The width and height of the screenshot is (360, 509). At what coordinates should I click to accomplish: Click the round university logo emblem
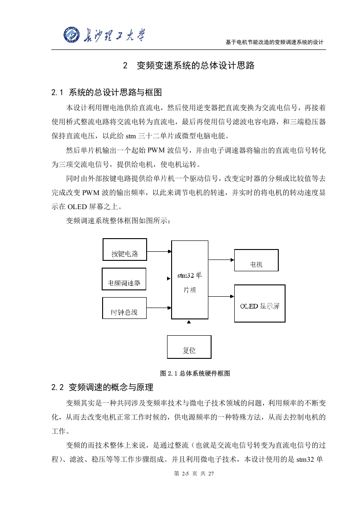pyautogui.click(x=72, y=34)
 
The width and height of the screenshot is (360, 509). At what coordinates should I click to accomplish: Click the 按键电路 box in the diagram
pyautogui.click(x=125, y=250)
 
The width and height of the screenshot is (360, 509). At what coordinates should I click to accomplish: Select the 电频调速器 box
pyautogui.click(x=124, y=279)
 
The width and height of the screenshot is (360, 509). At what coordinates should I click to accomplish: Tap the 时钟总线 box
pyautogui.click(x=124, y=308)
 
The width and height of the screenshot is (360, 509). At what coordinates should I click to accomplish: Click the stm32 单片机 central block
pyautogui.click(x=190, y=280)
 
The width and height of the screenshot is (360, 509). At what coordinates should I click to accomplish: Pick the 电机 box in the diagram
pyautogui.click(x=256, y=260)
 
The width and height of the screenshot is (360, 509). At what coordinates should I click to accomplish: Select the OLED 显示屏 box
pyautogui.click(x=260, y=303)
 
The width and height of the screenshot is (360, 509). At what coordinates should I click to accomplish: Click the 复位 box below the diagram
pyautogui.click(x=189, y=347)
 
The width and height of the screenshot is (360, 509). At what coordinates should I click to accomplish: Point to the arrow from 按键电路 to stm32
pyautogui.click(x=159, y=251)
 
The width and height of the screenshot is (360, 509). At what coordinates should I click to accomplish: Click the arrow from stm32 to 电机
pyautogui.click(x=221, y=259)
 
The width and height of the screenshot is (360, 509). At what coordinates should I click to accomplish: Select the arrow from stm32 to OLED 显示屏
pyautogui.click(x=221, y=296)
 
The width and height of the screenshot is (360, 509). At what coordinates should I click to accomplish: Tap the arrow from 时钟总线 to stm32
pyautogui.click(x=159, y=308)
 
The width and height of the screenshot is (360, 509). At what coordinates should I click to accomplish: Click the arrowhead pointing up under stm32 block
pyautogui.click(x=189, y=322)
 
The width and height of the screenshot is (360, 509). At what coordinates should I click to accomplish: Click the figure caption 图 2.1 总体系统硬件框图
pyautogui.click(x=195, y=373)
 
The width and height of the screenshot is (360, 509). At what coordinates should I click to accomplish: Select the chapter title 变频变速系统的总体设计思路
pyautogui.click(x=196, y=66)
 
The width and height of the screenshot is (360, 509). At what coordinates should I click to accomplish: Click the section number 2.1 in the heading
pyautogui.click(x=57, y=93)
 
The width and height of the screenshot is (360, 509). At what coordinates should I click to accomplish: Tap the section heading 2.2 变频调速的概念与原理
pyautogui.click(x=102, y=387)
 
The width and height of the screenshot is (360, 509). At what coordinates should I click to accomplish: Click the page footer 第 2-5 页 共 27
pyautogui.click(x=194, y=474)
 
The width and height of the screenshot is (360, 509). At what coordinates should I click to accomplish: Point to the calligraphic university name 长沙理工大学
pyautogui.click(x=113, y=35)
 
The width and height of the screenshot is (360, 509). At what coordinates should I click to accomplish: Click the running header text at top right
pyautogui.click(x=275, y=42)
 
